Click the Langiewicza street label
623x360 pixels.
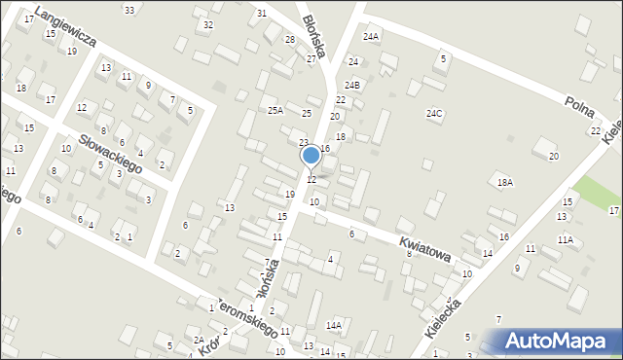[64, 26]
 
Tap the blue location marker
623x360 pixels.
[311, 156]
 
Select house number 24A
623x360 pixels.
[371, 36]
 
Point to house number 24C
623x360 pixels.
[434, 113]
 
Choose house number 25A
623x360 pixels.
[275, 110]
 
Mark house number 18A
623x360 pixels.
[504, 182]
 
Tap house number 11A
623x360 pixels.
[565, 238]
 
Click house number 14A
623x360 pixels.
[334, 325]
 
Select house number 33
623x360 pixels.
[129, 9]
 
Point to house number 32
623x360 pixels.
[208, 24]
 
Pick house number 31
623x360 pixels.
[262, 13]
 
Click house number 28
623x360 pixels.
[289, 39]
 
